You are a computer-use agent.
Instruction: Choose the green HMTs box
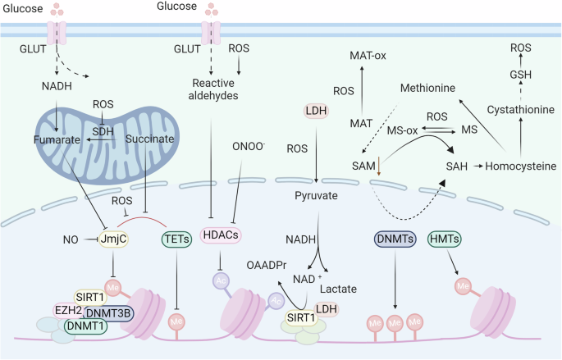445,239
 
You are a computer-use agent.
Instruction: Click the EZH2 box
69,311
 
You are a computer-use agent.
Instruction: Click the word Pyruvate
317,198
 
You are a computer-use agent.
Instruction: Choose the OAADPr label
267,267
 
